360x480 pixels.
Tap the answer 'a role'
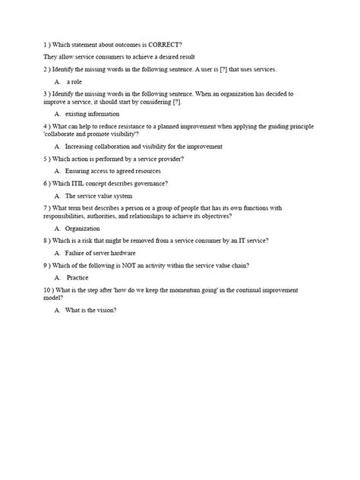(74, 81)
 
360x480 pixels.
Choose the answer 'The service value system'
(99, 195)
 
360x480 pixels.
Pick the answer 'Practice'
(77, 276)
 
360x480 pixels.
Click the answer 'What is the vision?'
(91, 309)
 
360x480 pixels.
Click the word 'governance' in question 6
(150, 183)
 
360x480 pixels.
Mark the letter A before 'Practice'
(58, 276)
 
